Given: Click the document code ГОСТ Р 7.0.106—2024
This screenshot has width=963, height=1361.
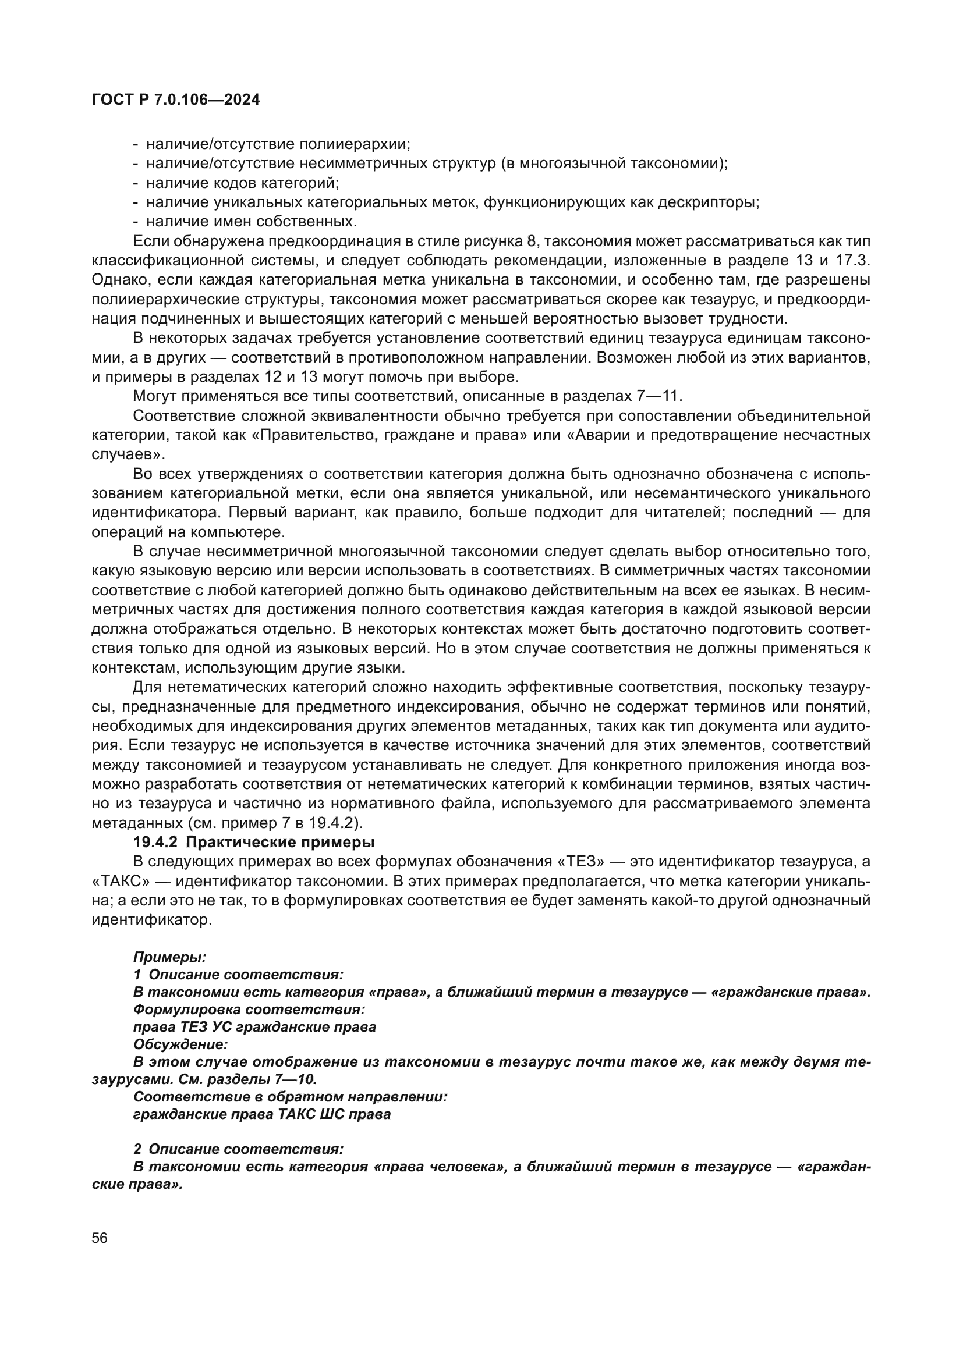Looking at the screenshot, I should click(x=175, y=100).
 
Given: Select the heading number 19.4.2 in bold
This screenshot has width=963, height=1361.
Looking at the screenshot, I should click(x=155, y=842).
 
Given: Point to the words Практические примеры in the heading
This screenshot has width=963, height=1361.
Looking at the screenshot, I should click(x=281, y=842).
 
